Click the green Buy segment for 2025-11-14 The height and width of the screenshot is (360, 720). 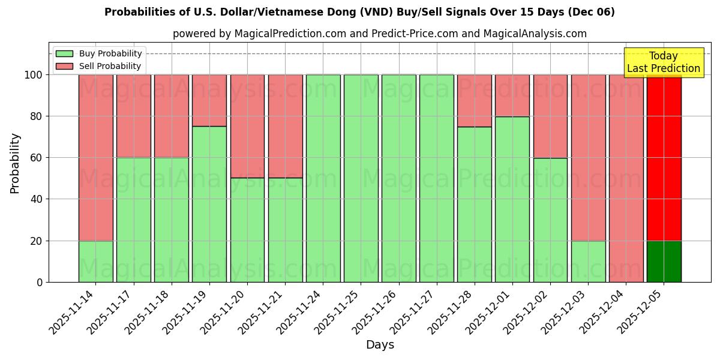(95, 262)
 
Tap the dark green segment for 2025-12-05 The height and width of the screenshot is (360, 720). (664, 262)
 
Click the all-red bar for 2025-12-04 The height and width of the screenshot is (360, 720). (626, 178)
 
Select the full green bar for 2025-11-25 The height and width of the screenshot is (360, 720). (361, 178)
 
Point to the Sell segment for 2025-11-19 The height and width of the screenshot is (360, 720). (209, 100)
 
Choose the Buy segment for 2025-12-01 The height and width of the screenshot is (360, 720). (512, 199)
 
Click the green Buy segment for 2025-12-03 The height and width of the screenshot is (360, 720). (588, 262)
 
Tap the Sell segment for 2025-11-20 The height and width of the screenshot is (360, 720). (247, 126)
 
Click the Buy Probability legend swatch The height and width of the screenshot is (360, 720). (64, 53)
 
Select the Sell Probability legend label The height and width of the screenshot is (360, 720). (110, 66)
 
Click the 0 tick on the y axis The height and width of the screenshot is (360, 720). (40, 282)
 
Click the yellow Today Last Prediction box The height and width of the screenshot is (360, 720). (663, 62)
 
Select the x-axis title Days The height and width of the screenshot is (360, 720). (380, 345)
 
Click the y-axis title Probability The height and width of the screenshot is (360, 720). (15, 163)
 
